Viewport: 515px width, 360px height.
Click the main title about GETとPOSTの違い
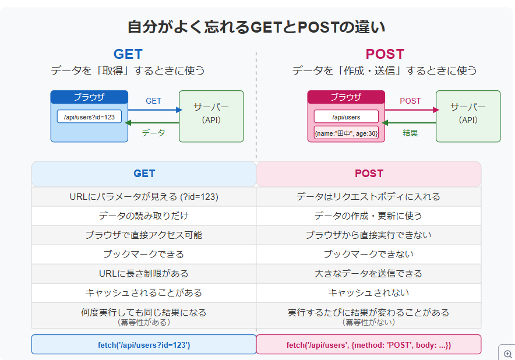256,27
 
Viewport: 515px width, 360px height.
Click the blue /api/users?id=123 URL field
89,117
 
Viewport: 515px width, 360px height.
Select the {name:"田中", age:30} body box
346,133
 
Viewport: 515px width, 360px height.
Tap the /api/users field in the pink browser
346,117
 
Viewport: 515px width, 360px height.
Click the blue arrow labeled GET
154,110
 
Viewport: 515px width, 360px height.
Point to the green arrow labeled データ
154,123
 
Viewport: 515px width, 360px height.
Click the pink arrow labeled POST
411,110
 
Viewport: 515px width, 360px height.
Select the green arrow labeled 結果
411,123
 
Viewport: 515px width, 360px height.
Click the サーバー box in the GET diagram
211,116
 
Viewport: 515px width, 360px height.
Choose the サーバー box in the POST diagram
468,116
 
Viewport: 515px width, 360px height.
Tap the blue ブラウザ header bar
89,97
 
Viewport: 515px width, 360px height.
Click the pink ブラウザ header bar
346,97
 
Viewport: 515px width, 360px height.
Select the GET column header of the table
144,174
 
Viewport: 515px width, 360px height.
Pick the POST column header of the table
369,174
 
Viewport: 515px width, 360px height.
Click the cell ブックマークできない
369,254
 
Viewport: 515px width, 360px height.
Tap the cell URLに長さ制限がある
144,273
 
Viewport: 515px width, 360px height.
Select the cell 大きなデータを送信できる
369,273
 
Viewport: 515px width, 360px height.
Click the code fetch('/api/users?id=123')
144,345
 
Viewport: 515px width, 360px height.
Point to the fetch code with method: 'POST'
369,345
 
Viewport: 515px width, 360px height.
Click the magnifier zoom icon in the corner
507,353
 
